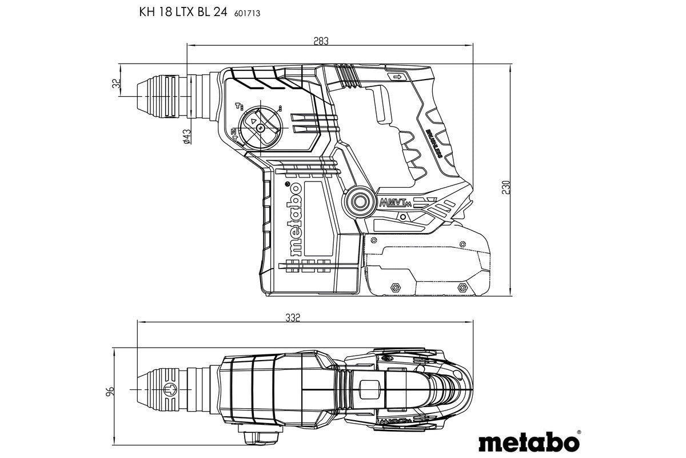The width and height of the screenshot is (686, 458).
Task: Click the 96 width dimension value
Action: pyautogui.click(x=111, y=392)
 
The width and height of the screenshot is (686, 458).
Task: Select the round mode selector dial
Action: pyautogui.click(x=261, y=127)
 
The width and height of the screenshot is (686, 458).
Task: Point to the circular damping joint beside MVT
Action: pyautogui.click(x=360, y=202)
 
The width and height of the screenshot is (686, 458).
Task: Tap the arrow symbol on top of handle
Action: pyautogui.click(x=395, y=77)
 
